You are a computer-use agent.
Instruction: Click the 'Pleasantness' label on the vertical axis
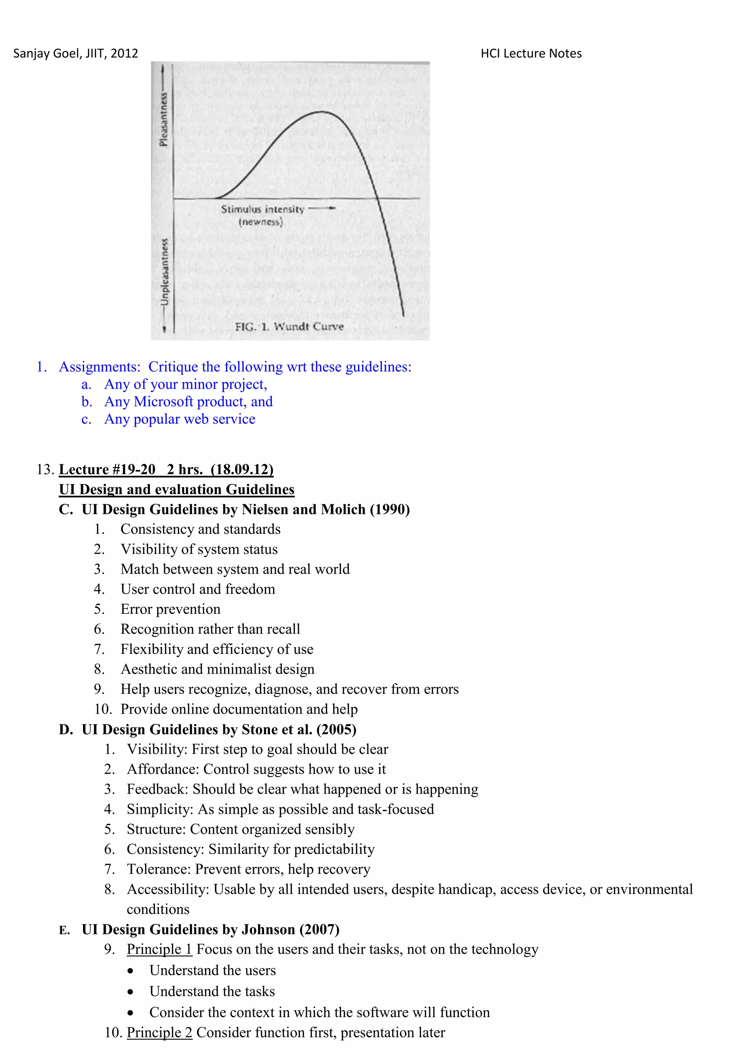(163, 119)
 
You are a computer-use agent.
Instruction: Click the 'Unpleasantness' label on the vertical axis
(164, 272)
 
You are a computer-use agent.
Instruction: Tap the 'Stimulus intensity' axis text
(262, 209)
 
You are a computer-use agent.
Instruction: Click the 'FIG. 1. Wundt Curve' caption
(289, 327)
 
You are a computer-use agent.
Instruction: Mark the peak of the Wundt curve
(322, 112)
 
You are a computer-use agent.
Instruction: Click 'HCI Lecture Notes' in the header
(531, 53)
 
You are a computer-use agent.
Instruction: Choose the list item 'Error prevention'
(170, 609)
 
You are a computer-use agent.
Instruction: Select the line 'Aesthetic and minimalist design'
(217, 669)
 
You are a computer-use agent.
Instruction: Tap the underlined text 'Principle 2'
(159, 1032)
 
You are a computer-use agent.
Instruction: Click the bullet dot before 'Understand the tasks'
(131, 992)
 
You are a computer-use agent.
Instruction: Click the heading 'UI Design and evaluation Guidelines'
(177, 489)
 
